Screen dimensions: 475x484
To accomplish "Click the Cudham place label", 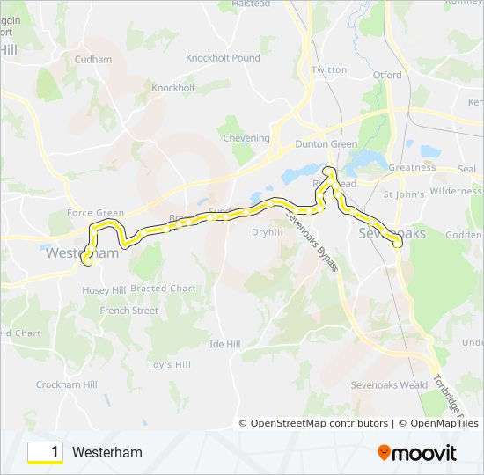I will point(94,60).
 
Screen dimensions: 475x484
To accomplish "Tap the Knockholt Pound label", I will point(223,58).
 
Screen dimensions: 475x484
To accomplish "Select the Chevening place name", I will point(246,138).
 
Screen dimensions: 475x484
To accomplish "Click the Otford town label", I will point(387,76).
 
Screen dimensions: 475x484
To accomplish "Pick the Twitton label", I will point(330,69).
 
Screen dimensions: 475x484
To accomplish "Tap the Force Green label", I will point(96,213).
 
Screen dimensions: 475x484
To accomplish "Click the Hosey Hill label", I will point(104,290).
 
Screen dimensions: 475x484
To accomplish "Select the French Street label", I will point(128,311).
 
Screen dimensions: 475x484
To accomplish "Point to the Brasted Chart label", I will point(164,289).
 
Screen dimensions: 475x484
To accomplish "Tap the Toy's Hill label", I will point(169,364).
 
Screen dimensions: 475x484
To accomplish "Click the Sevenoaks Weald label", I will point(389,385).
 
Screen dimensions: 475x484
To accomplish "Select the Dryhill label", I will point(267,232).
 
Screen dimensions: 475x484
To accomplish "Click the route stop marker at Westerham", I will point(87,259).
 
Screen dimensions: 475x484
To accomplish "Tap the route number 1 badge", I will point(45,452).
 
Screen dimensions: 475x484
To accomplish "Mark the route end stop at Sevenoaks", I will point(398,245).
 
